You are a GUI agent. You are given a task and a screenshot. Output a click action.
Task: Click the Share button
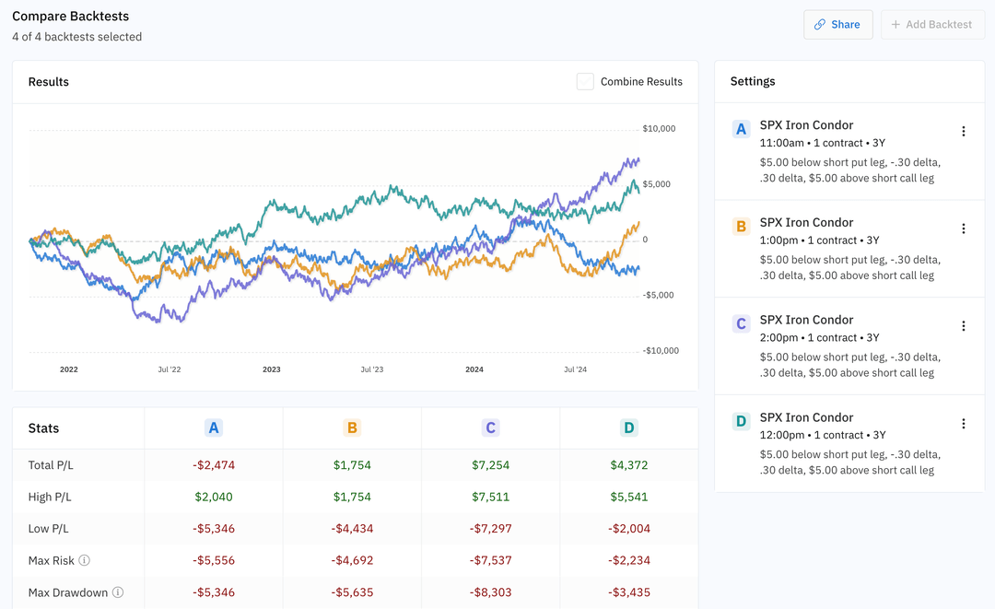[837, 25]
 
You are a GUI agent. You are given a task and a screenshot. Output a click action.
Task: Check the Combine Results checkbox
[585, 82]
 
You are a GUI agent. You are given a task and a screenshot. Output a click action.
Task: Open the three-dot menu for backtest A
[964, 132]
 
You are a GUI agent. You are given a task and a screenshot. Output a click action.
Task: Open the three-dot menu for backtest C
[964, 326]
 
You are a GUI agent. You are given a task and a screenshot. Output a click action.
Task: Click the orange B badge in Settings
[741, 227]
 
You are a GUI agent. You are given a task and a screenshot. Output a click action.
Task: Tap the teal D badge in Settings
[741, 422]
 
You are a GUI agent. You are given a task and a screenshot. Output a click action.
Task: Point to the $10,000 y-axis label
[659, 129]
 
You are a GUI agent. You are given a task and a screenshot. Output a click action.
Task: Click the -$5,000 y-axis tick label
[660, 296]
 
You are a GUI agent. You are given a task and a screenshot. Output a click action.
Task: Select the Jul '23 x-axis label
[371, 369]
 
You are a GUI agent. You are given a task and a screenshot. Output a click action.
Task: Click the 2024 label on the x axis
[474, 369]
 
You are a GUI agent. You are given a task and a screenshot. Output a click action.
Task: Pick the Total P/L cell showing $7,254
[490, 465]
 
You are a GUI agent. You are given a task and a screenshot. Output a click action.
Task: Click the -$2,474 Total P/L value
[214, 465]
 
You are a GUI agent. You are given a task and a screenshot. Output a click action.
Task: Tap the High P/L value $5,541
[628, 498]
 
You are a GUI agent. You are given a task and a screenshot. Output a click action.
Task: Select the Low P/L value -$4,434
[352, 529]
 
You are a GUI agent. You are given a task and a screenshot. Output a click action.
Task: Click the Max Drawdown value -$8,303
[490, 592]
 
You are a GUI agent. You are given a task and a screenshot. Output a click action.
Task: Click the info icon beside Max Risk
[85, 560]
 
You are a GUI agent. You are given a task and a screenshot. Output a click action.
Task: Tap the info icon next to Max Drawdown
[118, 592]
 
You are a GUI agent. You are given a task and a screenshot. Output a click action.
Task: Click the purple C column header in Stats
[490, 428]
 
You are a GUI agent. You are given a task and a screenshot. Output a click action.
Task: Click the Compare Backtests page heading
[71, 17]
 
